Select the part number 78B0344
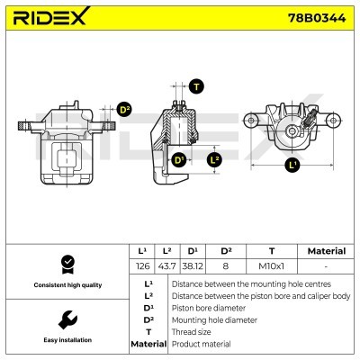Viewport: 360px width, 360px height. point(317,18)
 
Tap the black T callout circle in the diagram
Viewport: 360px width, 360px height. point(196,86)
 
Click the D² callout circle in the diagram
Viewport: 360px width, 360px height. point(124,110)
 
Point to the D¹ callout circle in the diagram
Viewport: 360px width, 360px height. point(179,160)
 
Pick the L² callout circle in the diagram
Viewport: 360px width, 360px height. point(215,159)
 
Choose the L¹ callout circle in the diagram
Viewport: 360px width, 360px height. point(292,165)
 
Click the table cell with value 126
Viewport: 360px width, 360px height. point(142,266)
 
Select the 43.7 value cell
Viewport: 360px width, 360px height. point(166,266)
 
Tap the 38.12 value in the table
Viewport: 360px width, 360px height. point(193,266)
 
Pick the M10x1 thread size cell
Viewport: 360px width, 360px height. point(271,266)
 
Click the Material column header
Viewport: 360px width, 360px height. point(327,251)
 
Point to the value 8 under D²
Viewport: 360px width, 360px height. point(226,266)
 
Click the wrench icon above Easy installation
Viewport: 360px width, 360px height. point(67,319)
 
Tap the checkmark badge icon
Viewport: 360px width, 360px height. point(67,265)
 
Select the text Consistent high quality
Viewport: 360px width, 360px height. point(67,285)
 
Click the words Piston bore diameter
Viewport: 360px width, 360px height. point(209,308)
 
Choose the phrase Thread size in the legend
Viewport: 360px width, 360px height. point(191,332)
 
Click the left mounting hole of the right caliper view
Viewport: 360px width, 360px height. point(251,121)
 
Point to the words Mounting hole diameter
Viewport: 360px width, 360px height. point(214,320)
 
